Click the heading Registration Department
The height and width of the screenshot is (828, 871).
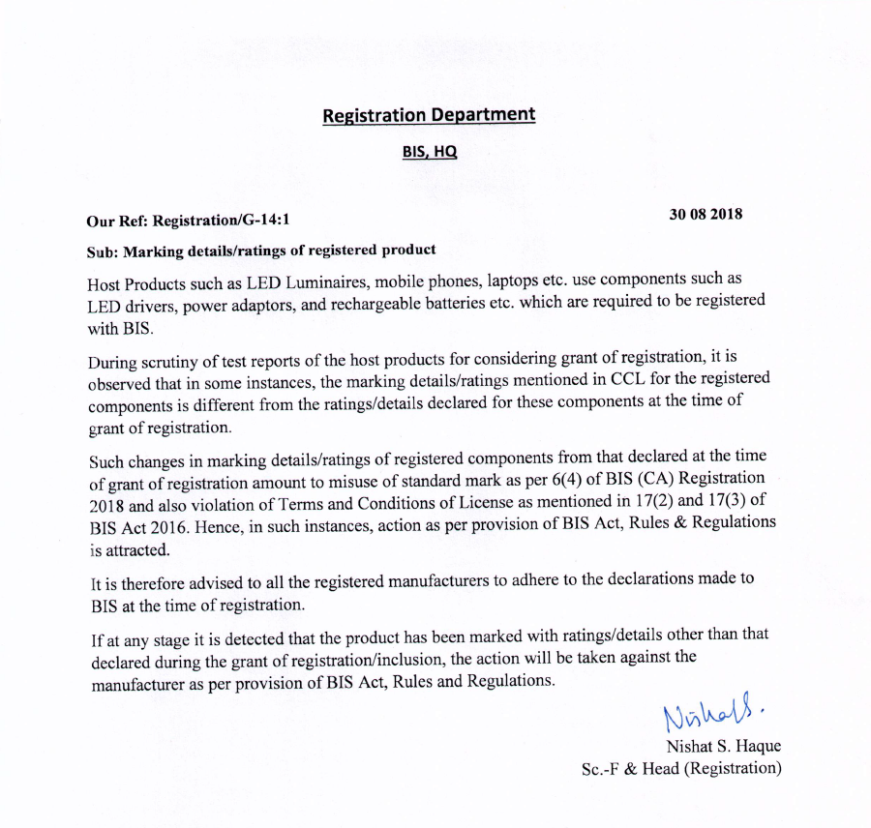[428, 115]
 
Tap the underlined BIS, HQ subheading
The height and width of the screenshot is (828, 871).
[429, 152]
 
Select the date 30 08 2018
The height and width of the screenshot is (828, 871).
[706, 215]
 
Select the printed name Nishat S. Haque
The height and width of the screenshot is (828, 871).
[722, 747]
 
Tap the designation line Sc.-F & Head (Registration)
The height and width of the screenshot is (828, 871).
[680, 769]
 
